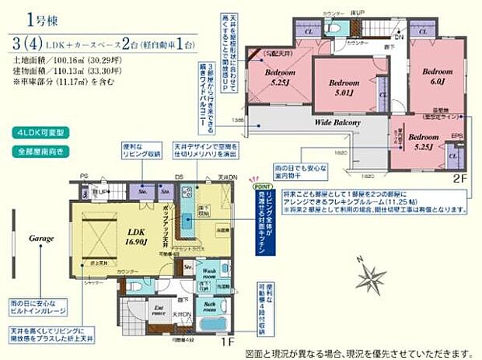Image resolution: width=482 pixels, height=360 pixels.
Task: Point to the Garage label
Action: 40,238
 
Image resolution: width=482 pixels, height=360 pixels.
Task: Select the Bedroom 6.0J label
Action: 437,75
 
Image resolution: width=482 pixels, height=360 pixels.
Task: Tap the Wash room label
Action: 208,275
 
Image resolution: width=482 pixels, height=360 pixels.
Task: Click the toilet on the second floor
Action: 333,26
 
